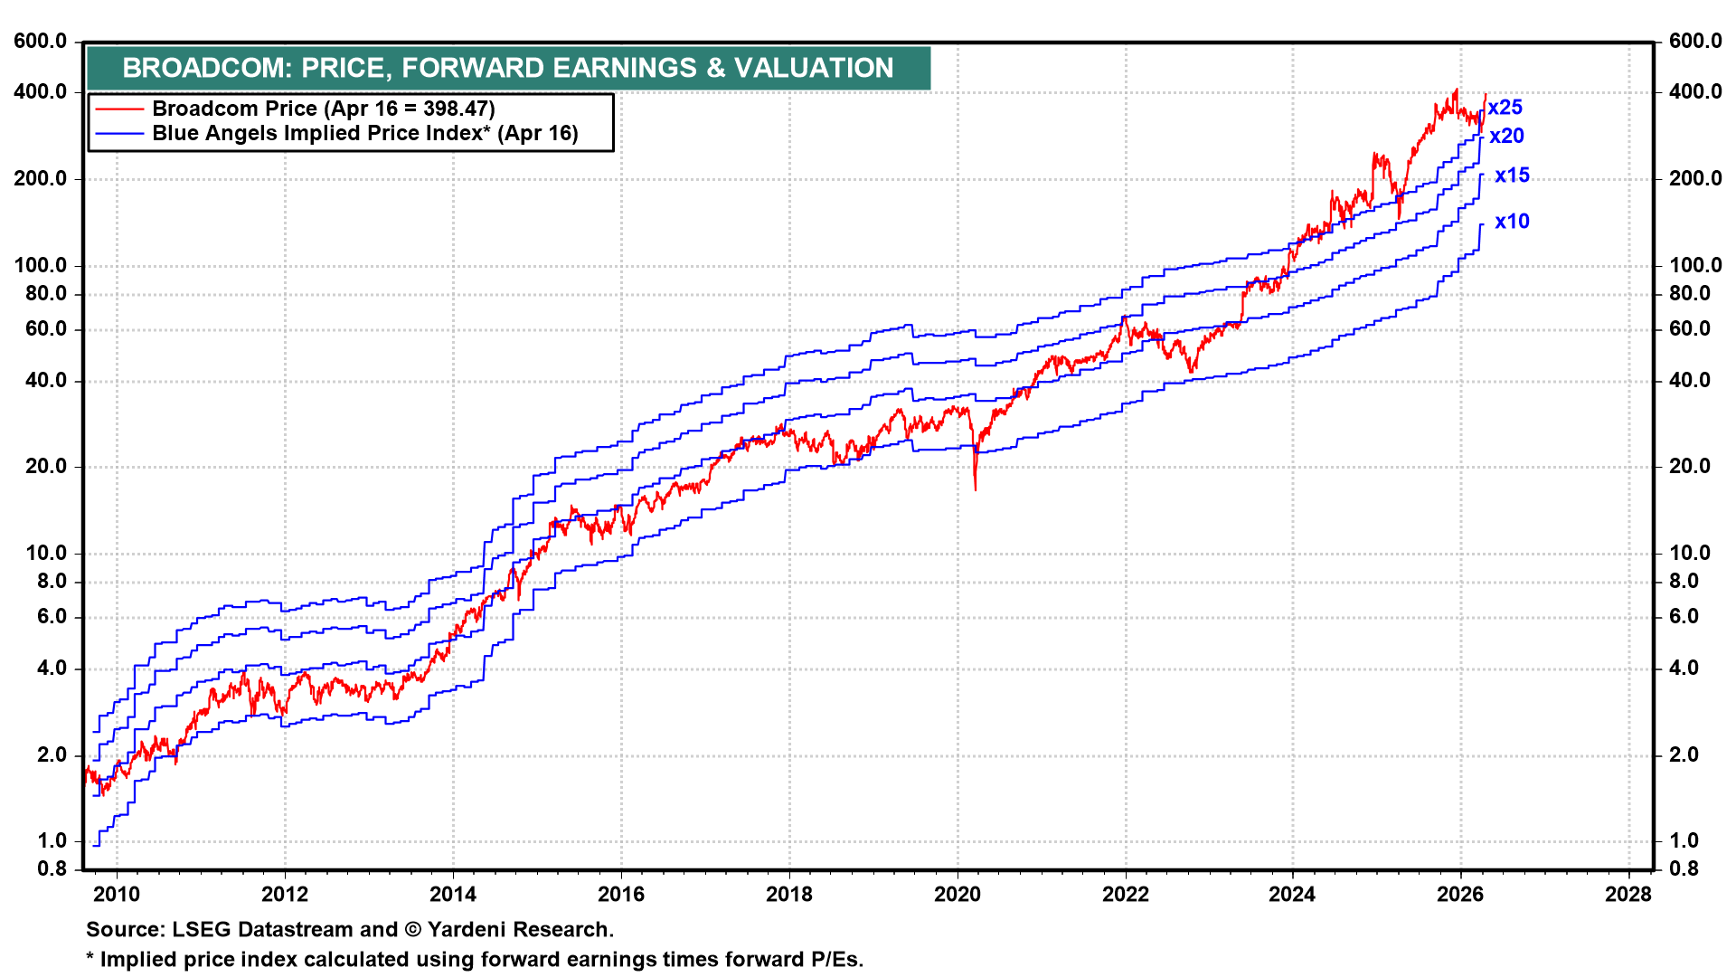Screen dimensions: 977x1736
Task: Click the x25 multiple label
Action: [x=1505, y=108]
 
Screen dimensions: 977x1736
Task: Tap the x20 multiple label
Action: [x=1507, y=137]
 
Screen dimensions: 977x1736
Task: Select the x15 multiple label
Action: [x=1512, y=175]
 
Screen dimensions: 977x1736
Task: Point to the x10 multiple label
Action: [x=1512, y=222]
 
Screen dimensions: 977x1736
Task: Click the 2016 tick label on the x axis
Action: [x=621, y=895]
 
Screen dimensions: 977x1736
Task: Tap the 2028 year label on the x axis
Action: [x=1628, y=895]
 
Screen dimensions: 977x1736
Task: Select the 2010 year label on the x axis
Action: [x=118, y=895]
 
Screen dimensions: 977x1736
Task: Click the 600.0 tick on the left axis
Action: [x=41, y=42]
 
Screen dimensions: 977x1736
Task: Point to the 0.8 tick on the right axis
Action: [x=1684, y=869]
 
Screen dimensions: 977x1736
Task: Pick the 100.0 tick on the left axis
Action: [x=41, y=266]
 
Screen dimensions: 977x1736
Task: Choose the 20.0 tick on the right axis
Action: [x=1690, y=467]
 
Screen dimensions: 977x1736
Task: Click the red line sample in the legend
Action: [x=119, y=109]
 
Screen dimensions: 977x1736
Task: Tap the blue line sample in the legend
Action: [x=119, y=134]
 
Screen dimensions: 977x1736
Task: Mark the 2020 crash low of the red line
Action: [x=976, y=489]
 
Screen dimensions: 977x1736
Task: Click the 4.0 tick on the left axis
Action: [x=52, y=669]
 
